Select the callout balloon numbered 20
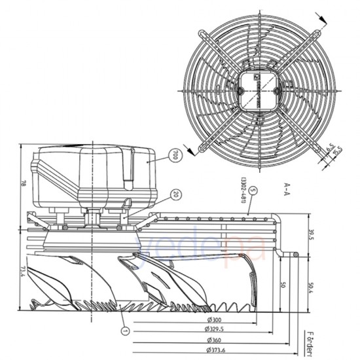click(175, 194)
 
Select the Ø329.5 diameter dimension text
click(215, 330)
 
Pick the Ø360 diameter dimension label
click(214, 341)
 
